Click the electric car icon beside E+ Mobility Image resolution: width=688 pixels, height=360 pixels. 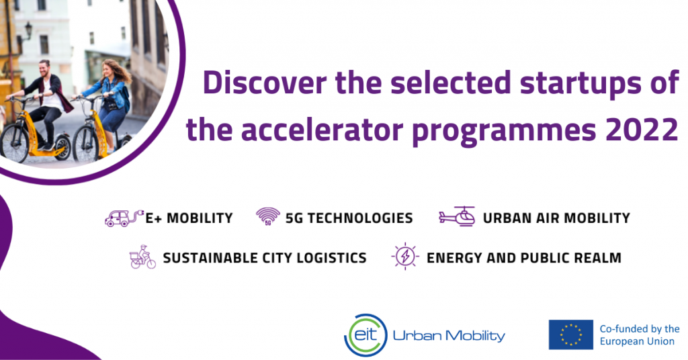(x=124, y=218)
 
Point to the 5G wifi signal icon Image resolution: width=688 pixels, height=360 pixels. (x=268, y=216)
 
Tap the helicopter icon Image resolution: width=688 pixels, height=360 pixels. (x=457, y=216)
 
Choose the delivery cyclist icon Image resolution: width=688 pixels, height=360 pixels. (x=142, y=257)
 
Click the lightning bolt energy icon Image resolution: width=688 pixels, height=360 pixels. (x=405, y=257)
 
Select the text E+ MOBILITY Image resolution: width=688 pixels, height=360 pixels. (x=189, y=218)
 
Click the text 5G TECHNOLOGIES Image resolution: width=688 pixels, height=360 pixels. (x=349, y=218)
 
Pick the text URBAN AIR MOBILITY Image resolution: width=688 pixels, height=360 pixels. (x=556, y=218)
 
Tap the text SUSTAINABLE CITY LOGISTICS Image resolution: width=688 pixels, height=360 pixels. (x=265, y=258)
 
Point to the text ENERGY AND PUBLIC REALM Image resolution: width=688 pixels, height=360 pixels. (x=524, y=258)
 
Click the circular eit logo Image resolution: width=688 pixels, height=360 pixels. (x=365, y=334)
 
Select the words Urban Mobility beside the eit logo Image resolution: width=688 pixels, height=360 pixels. (x=449, y=335)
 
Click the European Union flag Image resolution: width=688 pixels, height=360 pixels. (x=570, y=334)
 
